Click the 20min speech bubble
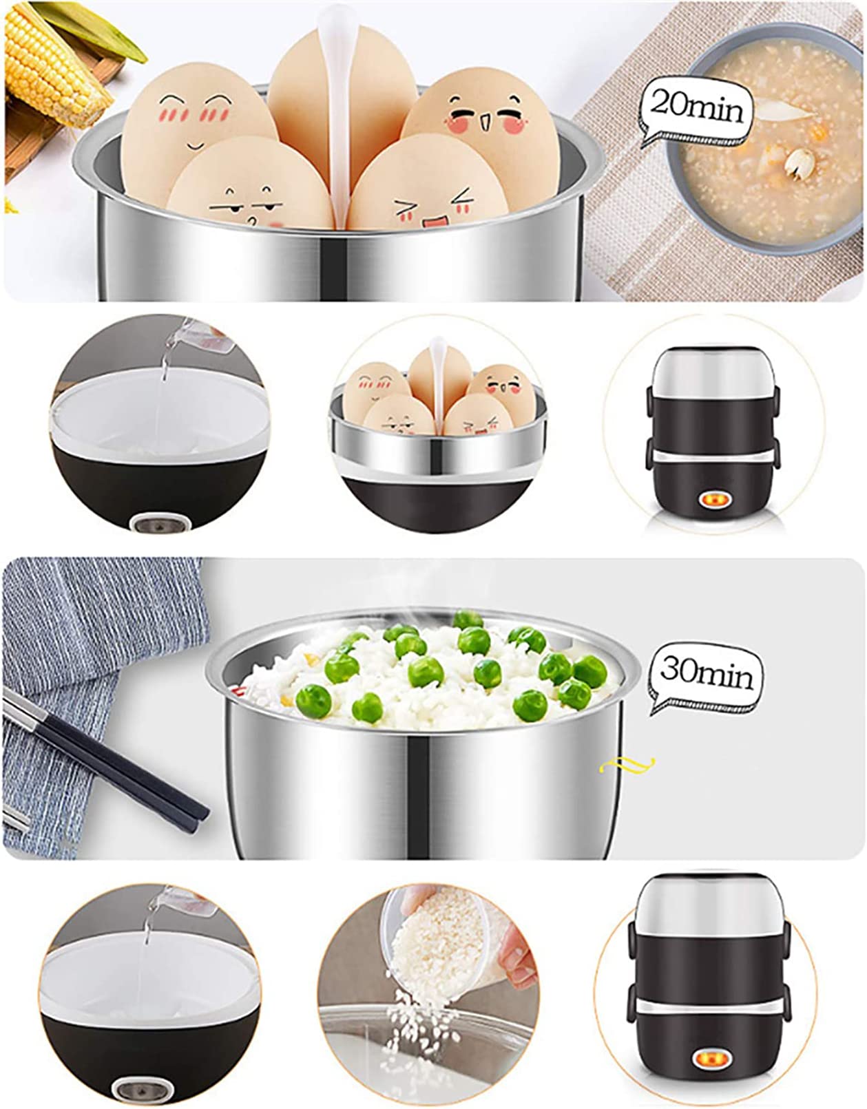[x=696, y=111]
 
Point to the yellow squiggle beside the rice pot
[x=626, y=765]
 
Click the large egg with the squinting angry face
[x=428, y=187]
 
